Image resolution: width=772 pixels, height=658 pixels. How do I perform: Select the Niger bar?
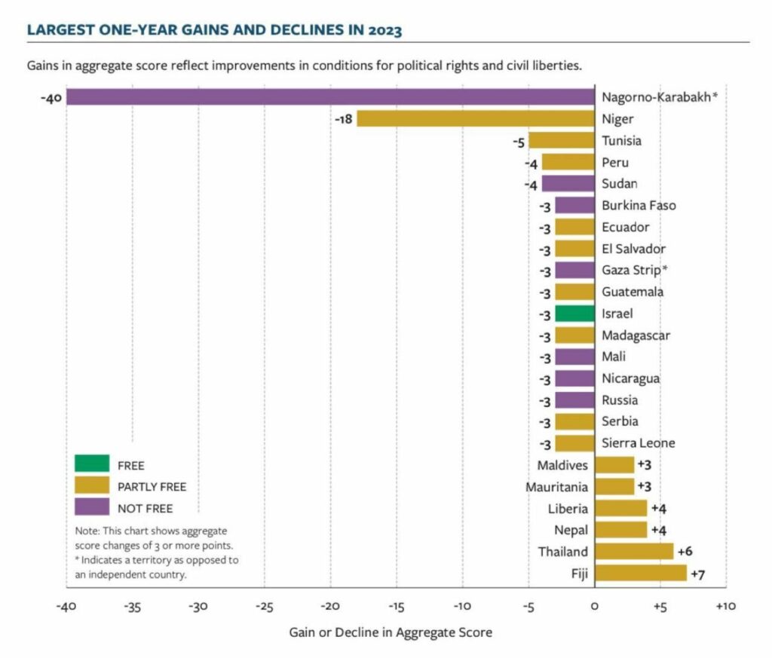475,119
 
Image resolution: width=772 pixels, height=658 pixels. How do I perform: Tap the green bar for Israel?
574,314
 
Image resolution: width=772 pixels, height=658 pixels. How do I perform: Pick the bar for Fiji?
640,574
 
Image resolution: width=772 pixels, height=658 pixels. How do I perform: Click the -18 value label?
345,119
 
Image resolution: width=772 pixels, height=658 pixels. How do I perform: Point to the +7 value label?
698,574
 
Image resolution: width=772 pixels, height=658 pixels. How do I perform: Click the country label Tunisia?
622,141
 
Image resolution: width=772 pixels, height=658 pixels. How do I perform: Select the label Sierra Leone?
639,443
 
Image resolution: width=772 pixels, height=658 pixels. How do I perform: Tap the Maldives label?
562,465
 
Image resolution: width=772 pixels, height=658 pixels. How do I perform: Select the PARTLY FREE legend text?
152,487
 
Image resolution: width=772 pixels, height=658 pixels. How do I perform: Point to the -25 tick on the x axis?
264,606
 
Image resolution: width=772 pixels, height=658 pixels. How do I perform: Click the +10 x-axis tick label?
725,606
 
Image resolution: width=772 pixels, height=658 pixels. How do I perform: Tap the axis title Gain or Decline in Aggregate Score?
391,632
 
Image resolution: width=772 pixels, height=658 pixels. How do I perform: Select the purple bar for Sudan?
568,184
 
